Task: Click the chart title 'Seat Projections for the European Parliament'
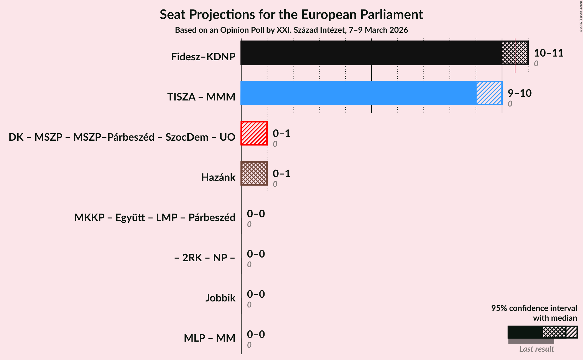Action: pyautogui.click(x=291, y=14)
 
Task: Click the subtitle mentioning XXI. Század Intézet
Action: pyautogui.click(x=291, y=30)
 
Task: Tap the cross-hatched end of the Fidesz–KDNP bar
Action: pyautogui.click(x=515, y=53)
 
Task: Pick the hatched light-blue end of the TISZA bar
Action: pyautogui.click(x=489, y=93)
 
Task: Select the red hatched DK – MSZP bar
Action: pyautogui.click(x=254, y=133)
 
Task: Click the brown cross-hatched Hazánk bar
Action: pyautogui.click(x=254, y=173)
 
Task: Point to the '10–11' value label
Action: pyautogui.click(x=549, y=53)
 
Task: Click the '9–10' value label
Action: pyautogui.click(x=520, y=93)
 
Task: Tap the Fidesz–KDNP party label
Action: pyautogui.click(x=203, y=57)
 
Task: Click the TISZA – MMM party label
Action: pyautogui.click(x=201, y=97)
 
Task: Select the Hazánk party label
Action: pyautogui.click(x=218, y=177)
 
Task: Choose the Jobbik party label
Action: pyautogui.click(x=220, y=298)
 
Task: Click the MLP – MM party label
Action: pyautogui.click(x=209, y=338)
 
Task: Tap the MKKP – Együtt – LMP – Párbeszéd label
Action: pyautogui.click(x=155, y=218)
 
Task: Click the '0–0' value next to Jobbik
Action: pyautogui.click(x=256, y=294)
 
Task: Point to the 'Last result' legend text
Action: pyautogui.click(x=537, y=349)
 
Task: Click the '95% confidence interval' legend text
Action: pyautogui.click(x=534, y=308)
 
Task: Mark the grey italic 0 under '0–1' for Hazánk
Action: pyautogui.click(x=275, y=184)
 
